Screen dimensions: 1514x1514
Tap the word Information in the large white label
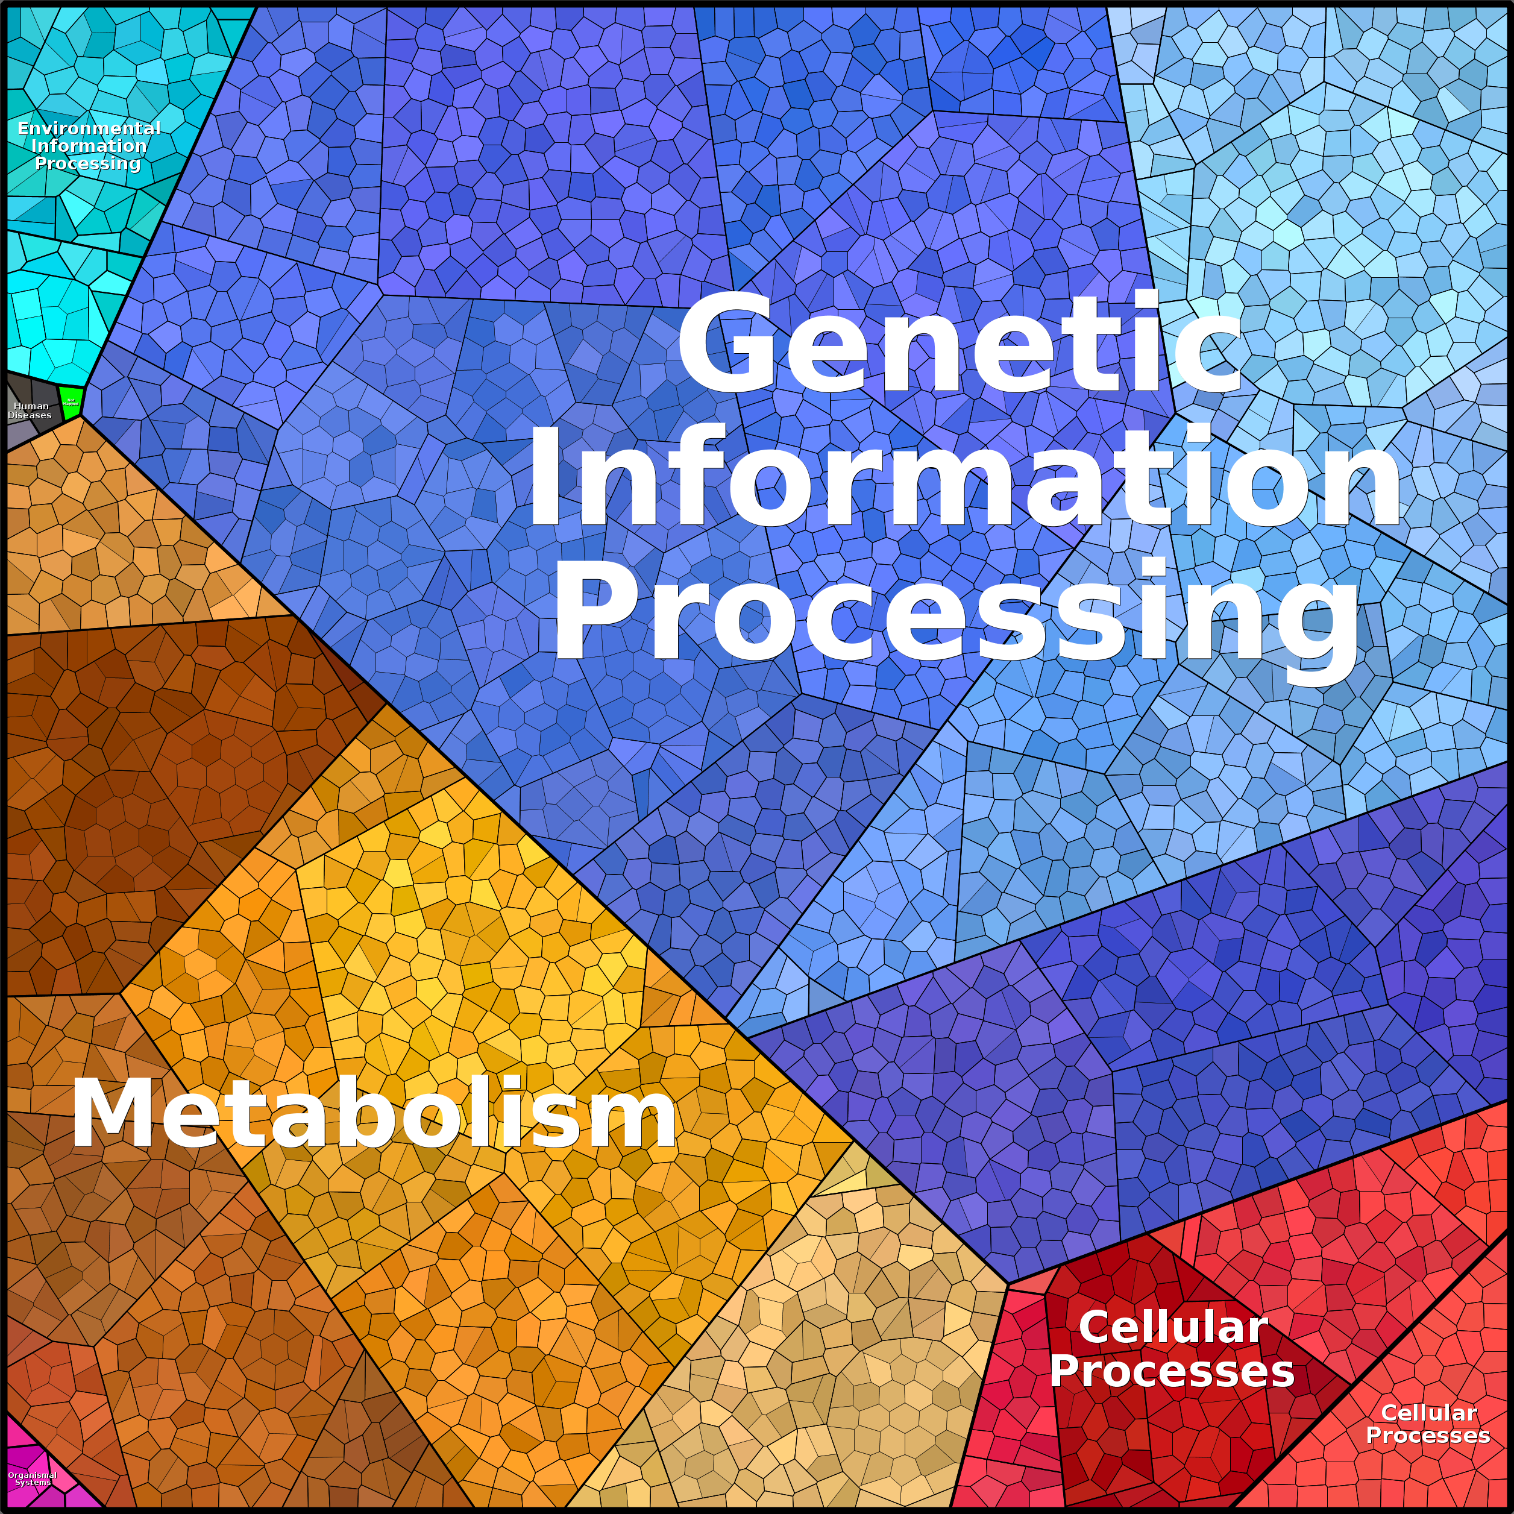pos(964,478)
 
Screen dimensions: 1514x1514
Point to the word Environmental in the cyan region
pos(89,128)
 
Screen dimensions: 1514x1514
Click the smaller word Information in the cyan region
pos(89,146)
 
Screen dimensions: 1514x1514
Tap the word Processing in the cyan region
pos(88,163)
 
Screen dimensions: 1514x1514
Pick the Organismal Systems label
pos(32,1478)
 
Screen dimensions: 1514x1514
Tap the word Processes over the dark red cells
pos(1172,1371)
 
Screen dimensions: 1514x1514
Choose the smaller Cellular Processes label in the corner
pos(1428,1424)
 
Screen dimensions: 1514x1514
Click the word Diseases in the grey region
pos(30,415)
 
